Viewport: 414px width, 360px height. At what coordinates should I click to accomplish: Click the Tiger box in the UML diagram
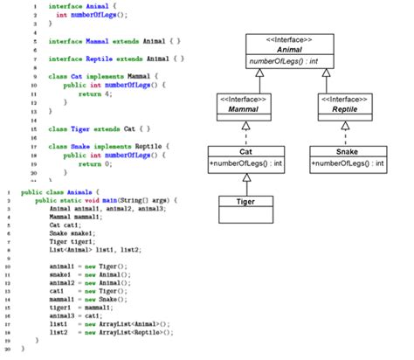pos(246,202)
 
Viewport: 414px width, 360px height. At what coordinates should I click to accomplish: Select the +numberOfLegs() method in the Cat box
pos(246,163)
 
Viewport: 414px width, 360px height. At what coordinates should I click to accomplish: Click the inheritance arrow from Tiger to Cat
pos(246,183)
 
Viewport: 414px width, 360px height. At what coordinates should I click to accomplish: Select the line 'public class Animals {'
pos(61,190)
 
